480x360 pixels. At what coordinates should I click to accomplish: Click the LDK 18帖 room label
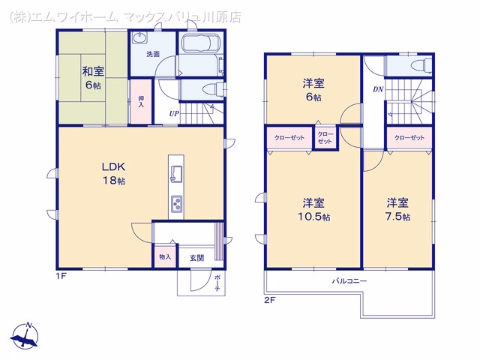click(x=113, y=173)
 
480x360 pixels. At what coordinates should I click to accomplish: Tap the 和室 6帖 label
click(x=93, y=78)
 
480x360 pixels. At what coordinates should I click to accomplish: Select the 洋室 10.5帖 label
click(x=314, y=210)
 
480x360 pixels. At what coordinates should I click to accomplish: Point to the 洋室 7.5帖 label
click(x=397, y=210)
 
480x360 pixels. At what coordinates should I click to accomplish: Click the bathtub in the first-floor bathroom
click(x=201, y=43)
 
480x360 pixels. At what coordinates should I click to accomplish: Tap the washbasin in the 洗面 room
click(x=139, y=38)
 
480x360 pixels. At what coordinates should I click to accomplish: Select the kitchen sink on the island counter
click(x=176, y=174)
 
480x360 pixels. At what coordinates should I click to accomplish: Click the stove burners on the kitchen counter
click(x=176, y=204)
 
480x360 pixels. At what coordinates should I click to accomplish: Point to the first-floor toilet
click(x=216, y=89)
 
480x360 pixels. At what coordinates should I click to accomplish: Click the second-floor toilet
click(x=421, y=66)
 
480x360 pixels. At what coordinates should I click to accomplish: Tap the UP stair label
click(x=174, y=114)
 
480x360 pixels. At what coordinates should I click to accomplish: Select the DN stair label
click(x=378, y=89)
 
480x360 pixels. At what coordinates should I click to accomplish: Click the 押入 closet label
click(x=141, y=102)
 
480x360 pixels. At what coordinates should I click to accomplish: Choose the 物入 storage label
click(x=165, y=256)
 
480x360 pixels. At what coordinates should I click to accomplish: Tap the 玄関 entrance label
click(x=196, y=258)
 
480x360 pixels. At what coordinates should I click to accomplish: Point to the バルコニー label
click(x=349, y=280)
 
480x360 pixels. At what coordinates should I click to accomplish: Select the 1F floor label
click(x=61, y=276)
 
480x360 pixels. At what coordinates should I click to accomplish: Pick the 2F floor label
click(x=270, y=300)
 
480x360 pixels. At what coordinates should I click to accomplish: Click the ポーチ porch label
click(x=217, y=283)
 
